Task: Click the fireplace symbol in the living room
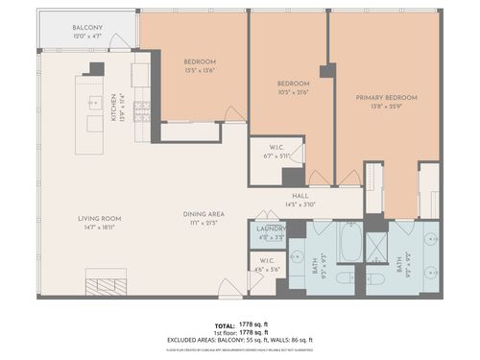105,285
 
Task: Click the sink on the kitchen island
94,102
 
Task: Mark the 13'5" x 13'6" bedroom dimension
201,69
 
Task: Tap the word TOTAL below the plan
223,324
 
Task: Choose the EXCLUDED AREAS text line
239,340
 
